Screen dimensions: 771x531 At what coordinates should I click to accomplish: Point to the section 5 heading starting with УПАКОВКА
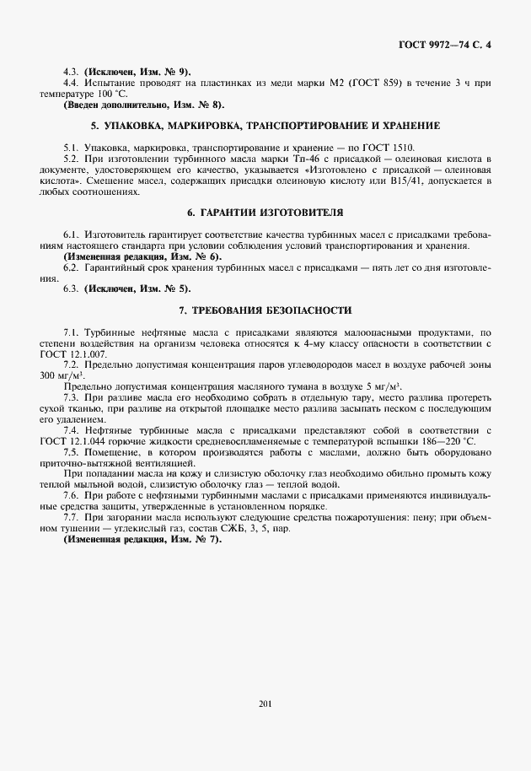pos(265,126)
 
